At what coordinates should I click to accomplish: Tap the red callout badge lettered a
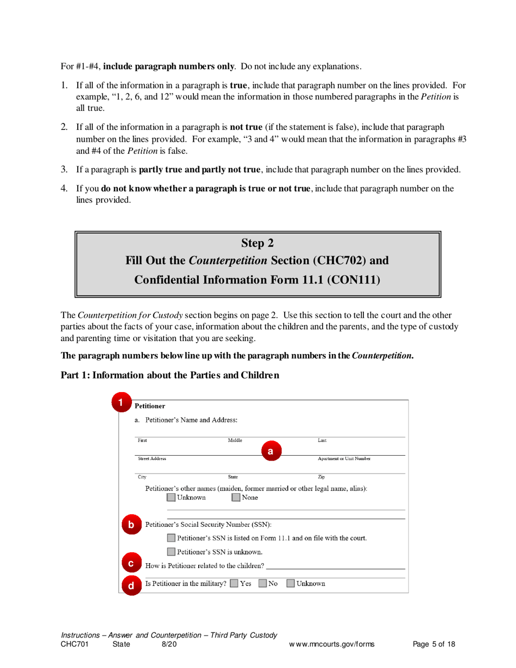270,451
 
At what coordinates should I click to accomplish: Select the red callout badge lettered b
131,525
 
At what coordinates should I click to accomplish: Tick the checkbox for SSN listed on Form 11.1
172,538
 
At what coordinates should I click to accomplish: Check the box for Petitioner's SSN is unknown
172,552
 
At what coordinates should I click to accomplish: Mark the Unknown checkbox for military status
291,584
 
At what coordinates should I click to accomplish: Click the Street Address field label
152,459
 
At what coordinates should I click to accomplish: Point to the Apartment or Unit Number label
344,459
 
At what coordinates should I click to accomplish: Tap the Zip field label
321,477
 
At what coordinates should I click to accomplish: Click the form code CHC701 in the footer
74,645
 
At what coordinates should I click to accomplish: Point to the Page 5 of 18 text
434,645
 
